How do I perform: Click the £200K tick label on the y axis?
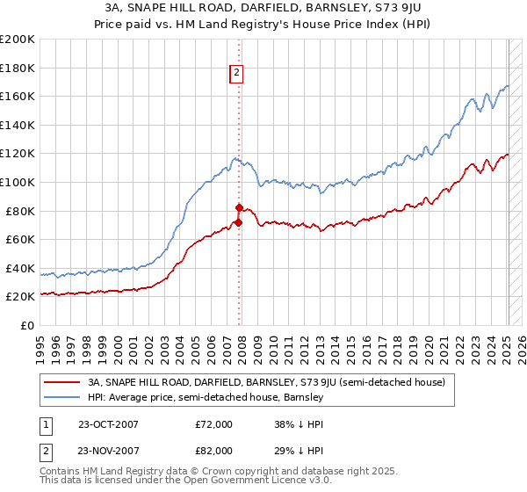tap(18, 40)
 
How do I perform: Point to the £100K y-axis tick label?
tap(18, 182)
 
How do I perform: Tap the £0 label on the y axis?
tap(28, 325)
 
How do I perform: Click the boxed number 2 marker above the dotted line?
tap(237, 74)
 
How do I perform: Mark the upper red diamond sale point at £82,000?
tap(238, 208)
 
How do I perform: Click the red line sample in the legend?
tap(62, 382)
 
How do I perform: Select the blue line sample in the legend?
tap(62, 397)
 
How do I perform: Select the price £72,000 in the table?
tap(213, 424)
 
